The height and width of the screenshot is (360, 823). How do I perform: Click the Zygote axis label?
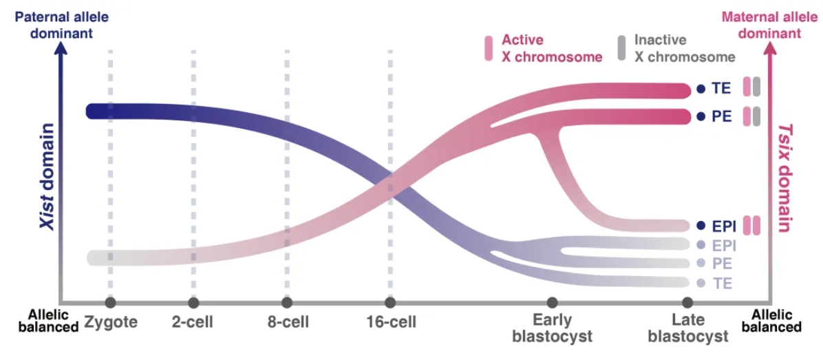pos(111,321)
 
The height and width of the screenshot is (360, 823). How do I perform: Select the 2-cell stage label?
pos(193,321)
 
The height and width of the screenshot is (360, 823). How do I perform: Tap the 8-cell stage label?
pos(287,321)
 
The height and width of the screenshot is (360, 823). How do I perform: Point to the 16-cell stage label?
pos(391,321)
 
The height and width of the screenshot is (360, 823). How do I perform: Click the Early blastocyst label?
pos(552,328)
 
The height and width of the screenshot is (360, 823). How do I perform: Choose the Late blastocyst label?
pos(688,328)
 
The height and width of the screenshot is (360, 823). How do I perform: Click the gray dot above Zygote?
pos(110,302)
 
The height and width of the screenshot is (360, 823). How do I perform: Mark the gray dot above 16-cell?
pos(390,302)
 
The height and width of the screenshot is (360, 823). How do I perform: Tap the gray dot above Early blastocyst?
pos(552,302)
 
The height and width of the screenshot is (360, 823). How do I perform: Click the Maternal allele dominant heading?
pos(761,23)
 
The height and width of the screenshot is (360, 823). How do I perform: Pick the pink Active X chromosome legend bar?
pos(489,48)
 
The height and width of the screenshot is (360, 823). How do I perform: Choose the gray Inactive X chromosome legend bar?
pos(621,48)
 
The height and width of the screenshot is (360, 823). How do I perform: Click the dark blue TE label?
pos(721,88)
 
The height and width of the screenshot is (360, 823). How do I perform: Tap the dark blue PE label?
pos(721,116)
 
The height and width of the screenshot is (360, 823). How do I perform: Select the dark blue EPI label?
pos(724,225)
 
